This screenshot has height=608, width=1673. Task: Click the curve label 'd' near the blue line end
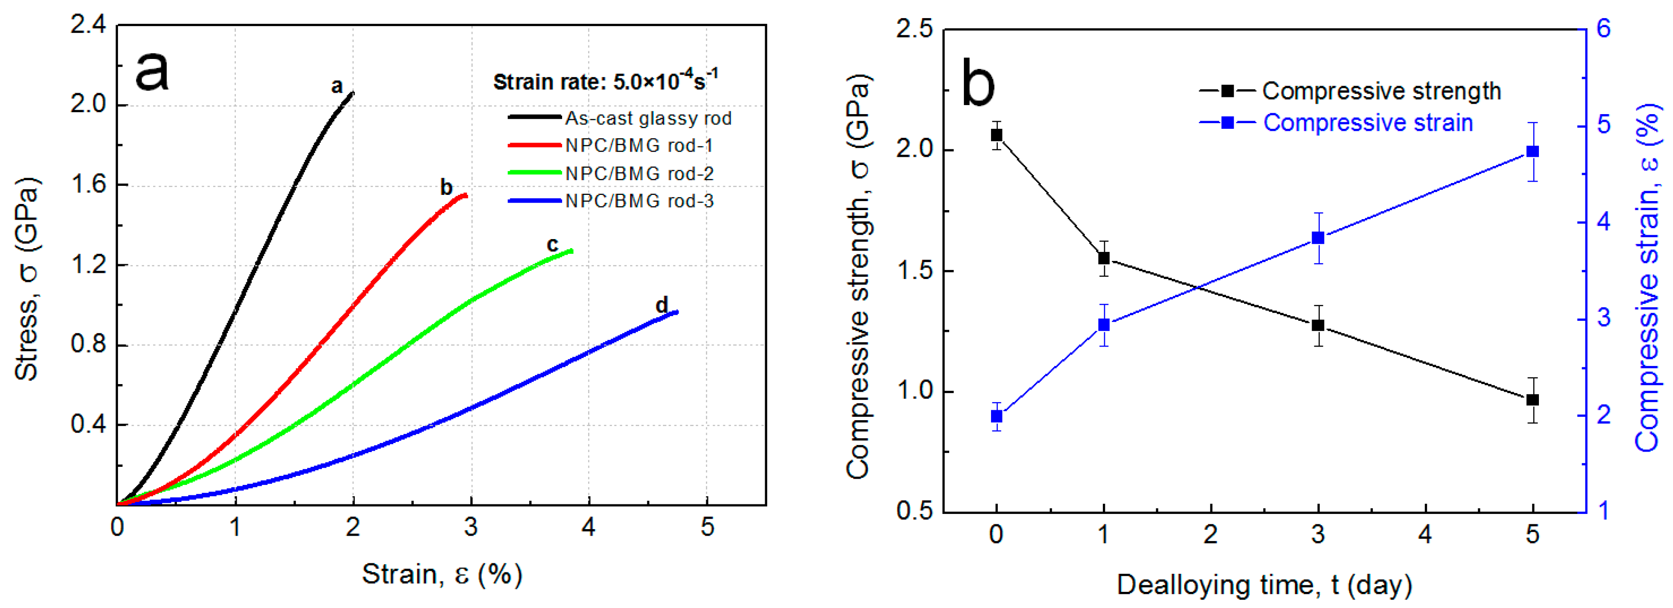click(x=661, y=305)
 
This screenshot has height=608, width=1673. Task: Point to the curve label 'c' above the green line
click(x=552, y=245)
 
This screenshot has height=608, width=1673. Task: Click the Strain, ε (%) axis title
click(x=442, y=574)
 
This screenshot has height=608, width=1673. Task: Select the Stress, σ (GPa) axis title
click(x=27, y=279)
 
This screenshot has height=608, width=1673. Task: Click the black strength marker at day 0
click(x=996, y=135)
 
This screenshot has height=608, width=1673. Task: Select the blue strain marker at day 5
click(x=1533, y=151)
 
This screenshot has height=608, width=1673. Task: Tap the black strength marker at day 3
click(x=1318, y=325)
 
